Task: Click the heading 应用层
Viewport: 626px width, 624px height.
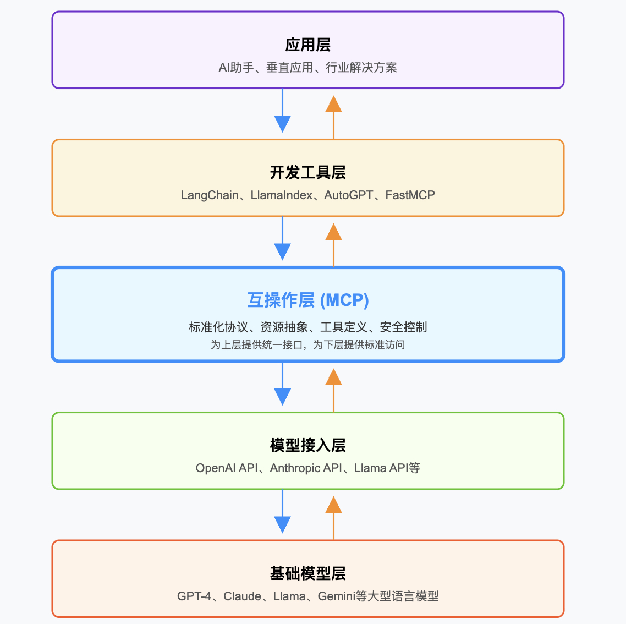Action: pyautogui.click(x=307, y=45)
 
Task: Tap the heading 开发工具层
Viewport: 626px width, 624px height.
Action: pyautogui.click(x=307, y=173)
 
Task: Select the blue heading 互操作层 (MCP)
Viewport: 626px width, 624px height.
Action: pyautogui.click(x=307, y=300)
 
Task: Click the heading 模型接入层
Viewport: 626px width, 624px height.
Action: pyautogui.click(x=307, y=445)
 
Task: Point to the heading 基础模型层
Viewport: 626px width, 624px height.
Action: pyautogui.click(x=307, y=573)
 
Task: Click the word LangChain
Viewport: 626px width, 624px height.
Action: pyautogui.click(x=210, y=195)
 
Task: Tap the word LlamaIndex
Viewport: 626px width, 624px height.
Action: pyautogui.click(x=281, y=195)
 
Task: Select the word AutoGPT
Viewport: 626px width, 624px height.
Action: pyautogui.click(x=348, y=195)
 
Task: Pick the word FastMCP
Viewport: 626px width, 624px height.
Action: pyautogui.click(x=410, y=195)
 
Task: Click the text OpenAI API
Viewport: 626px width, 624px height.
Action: pyautogui.click(x=226, y=468)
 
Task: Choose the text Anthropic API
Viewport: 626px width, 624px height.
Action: pyautogui.click(x=306, y=468)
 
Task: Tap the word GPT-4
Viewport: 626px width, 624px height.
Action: pyautogui.click(x=194, y=596)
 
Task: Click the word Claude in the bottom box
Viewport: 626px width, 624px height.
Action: pyautogui.click(x=242, y=596)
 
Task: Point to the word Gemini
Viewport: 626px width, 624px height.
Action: pyautogui.click(x=336, y=596)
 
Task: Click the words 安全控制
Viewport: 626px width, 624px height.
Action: pyautogui.click(x=403, y=327)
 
